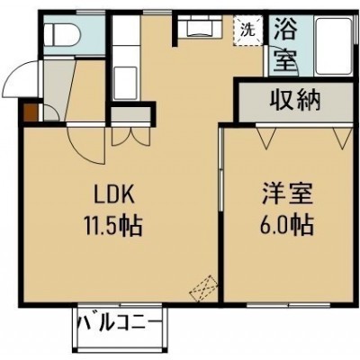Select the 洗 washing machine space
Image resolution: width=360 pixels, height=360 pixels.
[248, 31]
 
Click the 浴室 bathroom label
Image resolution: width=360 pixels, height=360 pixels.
[285, 44]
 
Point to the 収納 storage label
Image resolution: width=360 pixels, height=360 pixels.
[295, 101]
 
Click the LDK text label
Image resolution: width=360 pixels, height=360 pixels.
[113, 195]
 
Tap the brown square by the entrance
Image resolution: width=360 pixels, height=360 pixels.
[31, 112]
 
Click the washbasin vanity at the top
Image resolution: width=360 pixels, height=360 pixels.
[200, 26]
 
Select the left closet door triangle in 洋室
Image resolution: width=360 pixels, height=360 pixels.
[265, 138]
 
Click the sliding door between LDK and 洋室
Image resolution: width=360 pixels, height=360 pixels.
[220, 170]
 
